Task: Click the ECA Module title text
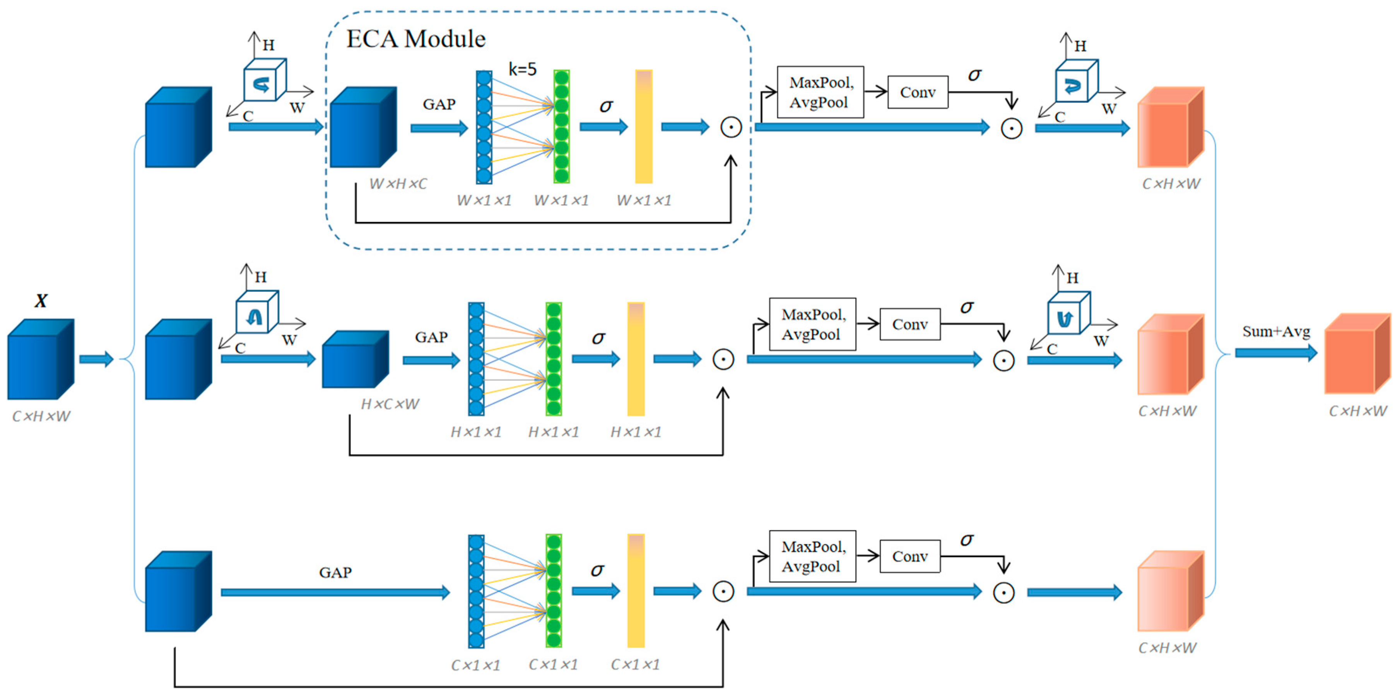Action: pyautogui.click(x=416, y=39)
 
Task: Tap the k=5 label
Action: pyautogui.click(x=522, y=69)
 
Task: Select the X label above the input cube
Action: pyautogui.click(x=41, y=300)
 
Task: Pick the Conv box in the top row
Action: pyautogui.click(x=917, y=92)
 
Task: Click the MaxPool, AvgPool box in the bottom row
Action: pyautogui.click(x=812, y=556)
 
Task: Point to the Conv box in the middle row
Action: pyautogui.click(x=910, y=324)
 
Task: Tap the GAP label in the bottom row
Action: pyautogui.click(x=335, y=572)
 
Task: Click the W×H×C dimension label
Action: pyautogui.click(x=398, y=184)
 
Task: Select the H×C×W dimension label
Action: pyautogui.click(x=390, y=404)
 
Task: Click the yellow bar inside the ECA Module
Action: pyautogui.click(x=643, y=126)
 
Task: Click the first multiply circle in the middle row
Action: pyautogui.click(x=723, y=359)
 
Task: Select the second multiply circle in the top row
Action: pyautogui.click(x=1011, y=128)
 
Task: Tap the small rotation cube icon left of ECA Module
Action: pyautogui.click(x=264, y=80)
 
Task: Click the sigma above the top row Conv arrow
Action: pyautogui.click(x=974, y=75)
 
